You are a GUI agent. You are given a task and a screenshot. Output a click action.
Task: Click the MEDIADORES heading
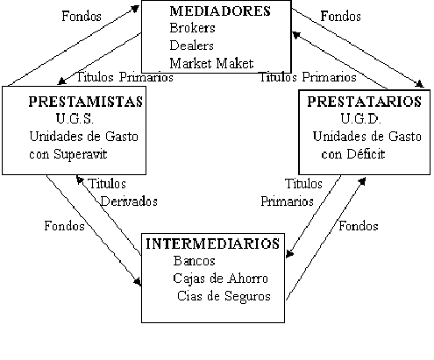click(x=220, y=11)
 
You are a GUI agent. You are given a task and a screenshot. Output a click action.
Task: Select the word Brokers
click(x=192, y=28)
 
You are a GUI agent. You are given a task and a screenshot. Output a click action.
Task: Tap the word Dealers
click(x=191, y=46)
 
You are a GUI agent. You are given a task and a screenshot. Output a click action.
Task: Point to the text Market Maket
click(x=211, y=63)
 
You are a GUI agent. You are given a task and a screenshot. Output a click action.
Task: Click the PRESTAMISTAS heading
click(x=86, y=102)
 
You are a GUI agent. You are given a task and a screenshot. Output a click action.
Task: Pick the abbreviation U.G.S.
click(x=75, y=119)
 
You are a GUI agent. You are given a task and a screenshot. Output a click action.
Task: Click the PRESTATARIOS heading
click(x=364, y=102)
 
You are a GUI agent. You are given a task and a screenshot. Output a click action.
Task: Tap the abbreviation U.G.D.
click(x=360, y=119)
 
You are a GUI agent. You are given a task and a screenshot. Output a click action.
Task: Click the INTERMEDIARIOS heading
click(x=213, y=244)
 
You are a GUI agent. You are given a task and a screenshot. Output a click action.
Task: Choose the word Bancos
click(x=194, y=261)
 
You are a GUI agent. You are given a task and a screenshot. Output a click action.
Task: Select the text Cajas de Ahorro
click(x=220, y=279)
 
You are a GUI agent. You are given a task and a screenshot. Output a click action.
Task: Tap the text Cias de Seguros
click(x=224, y=296)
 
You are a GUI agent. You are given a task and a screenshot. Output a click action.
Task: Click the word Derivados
click(x=129, y=201)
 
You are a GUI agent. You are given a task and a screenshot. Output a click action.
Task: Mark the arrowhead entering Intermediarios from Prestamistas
click(x=138, y=282)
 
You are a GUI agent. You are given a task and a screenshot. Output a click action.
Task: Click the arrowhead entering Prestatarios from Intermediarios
click(x=362, y=180)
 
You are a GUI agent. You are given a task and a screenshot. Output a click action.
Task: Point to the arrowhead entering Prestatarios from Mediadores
click(x=420, y=84)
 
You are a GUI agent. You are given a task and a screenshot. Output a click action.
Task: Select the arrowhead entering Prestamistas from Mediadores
click(x=61, y=81)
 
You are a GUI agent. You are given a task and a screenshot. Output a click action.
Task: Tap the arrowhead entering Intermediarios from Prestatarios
click(x=289, y=254)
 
